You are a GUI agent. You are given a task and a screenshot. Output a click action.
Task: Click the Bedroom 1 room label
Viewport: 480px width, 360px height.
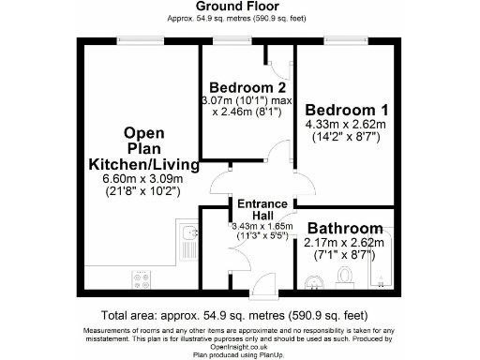click(x=344, y=107)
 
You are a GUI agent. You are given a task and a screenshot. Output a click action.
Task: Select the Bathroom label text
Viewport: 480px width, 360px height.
click(x=345, y=229)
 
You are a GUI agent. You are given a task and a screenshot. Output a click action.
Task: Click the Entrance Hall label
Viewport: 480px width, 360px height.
click(x=261, y=210)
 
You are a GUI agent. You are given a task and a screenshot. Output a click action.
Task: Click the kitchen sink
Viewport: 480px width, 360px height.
click(x=187, y=235)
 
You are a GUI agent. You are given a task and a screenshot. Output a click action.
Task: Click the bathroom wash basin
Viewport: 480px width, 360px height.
click(x=316, y=278)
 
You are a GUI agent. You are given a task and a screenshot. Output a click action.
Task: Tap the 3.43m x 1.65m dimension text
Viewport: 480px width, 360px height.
click(x=261, y=226)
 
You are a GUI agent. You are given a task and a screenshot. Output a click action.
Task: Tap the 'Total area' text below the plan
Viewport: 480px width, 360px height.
click(x=240, y=316)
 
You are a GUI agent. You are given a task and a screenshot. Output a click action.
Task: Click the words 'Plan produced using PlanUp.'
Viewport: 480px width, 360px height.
click(x=240, y=355)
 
